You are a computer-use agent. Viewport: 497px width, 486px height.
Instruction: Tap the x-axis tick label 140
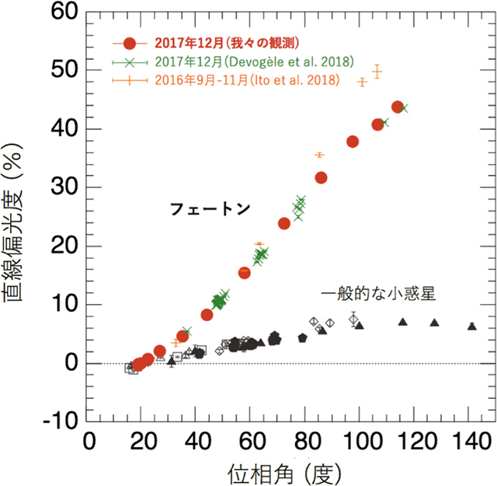471,442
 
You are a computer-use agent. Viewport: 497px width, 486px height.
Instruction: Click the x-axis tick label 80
307,442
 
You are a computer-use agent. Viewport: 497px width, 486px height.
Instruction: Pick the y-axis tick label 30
64,187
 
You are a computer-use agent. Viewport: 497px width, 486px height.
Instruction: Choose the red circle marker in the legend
130,42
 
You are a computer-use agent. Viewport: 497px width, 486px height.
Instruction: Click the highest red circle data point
398,107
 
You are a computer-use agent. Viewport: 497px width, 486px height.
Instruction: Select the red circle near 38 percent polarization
353,142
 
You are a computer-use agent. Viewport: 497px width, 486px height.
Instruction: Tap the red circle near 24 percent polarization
284,224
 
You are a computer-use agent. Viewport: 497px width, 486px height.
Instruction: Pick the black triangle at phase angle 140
471,327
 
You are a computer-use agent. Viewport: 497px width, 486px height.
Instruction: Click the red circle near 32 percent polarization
321,178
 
